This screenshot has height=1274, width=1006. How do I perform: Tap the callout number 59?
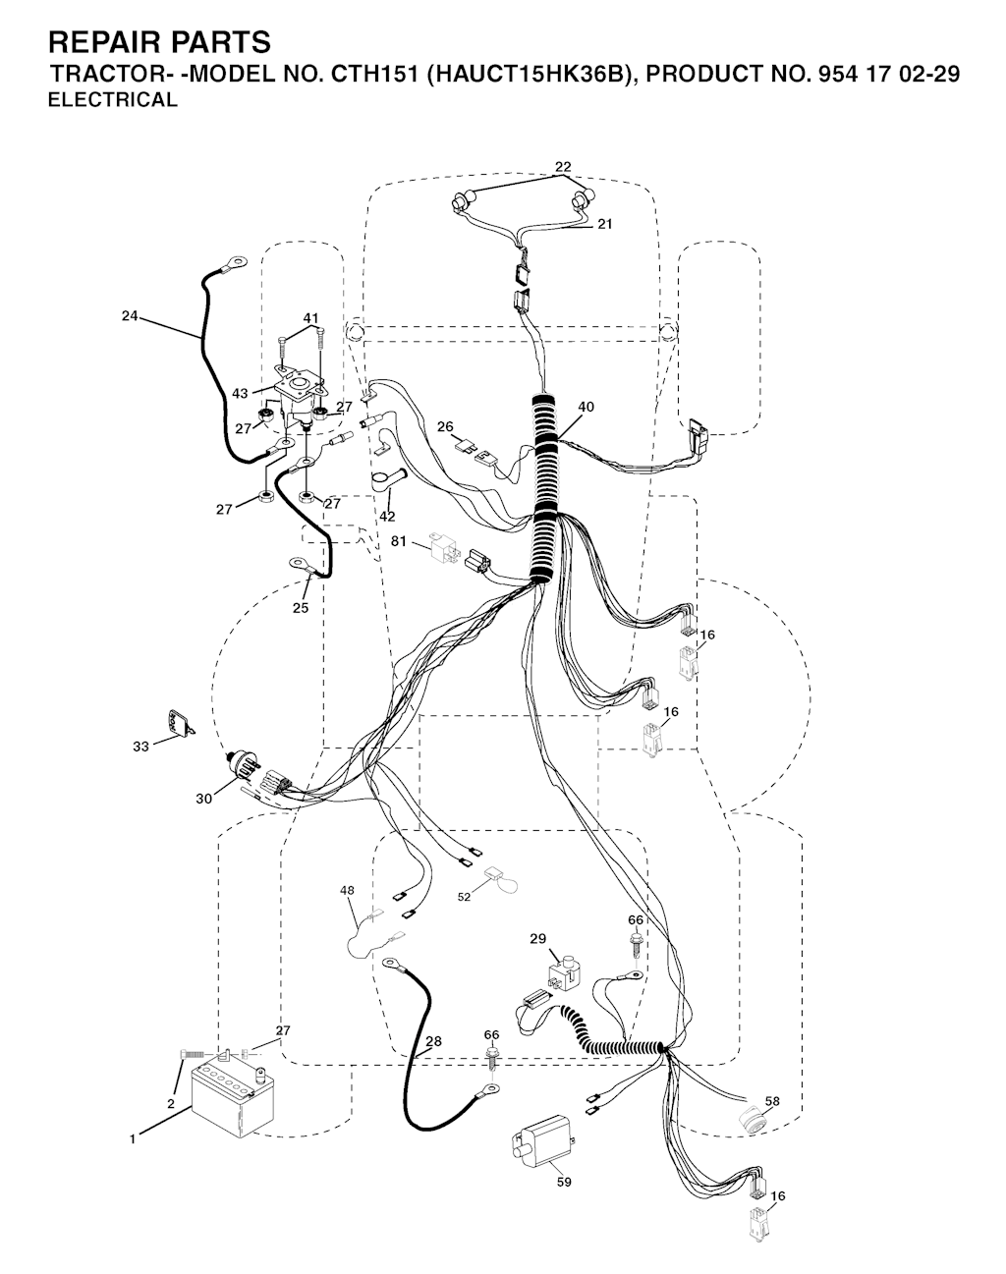pos(564,1182)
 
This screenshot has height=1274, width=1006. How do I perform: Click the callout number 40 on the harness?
pos(587,407)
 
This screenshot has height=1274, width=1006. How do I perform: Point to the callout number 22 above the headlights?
pos(563,167)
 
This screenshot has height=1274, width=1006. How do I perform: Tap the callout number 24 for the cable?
pos(130,316)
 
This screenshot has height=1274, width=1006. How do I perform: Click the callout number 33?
pos(140,747)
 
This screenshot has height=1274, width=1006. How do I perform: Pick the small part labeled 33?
pos(178,725)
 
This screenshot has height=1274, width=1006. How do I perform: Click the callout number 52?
pos(464,896)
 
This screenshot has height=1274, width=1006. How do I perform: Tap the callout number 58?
pos(772,1101)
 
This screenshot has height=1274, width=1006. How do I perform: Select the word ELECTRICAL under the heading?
pos(113,99)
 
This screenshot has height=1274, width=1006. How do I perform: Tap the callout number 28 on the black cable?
pos(433,1041)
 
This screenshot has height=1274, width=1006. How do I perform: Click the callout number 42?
pos(387,516)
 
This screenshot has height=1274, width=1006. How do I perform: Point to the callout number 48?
pos(347,890)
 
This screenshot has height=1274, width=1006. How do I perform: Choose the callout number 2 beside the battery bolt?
pos(171,1104)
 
